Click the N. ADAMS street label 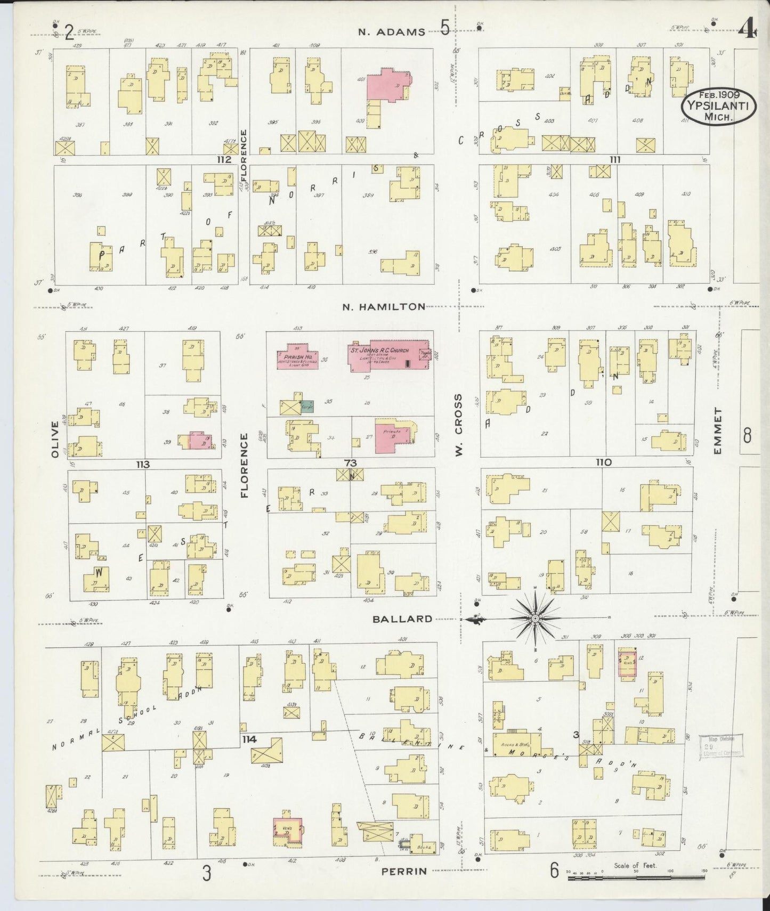(392, 31)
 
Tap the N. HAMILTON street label (384, 306)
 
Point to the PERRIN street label (404, 872)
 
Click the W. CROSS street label (458, 425)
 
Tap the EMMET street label (718, 430)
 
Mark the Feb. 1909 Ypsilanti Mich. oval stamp (717, 106)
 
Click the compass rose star (534, 618)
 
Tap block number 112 (224, 159)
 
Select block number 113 (143, 464)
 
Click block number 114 (249, 739)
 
